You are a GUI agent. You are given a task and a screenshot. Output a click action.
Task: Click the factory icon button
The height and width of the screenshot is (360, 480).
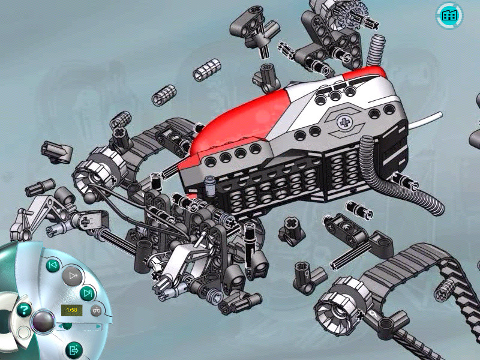pos(449,16)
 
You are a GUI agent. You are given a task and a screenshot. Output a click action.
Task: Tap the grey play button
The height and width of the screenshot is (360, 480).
pos(73,276)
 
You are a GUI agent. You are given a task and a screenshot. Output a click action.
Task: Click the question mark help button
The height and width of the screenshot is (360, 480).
pos(24,310)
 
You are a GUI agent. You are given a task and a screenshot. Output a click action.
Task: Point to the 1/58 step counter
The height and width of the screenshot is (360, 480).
pos(71,310)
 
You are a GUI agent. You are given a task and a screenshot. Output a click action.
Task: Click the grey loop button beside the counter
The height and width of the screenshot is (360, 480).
pos(96,310)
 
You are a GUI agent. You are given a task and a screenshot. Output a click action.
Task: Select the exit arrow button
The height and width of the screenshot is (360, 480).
pos(73,350)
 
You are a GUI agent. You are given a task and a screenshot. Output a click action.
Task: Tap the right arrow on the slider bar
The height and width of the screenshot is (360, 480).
pos(98,326)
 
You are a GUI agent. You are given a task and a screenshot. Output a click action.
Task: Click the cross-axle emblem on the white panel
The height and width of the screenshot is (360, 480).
pos(345,123)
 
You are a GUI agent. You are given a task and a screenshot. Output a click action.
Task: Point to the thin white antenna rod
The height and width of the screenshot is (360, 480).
pos(425,121)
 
